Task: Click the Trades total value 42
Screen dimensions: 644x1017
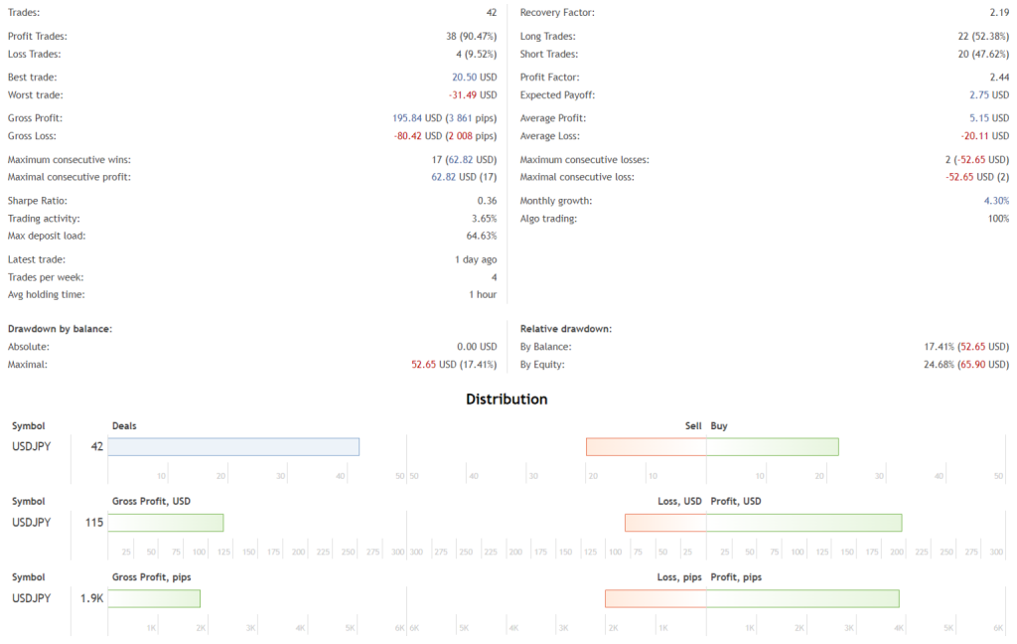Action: click(x=491, y=13)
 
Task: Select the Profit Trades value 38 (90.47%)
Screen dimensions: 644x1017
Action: click(x=471, y=37)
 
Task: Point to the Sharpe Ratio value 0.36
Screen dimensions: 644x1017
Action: click(x=487, y=201)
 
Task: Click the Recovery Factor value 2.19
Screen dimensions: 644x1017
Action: click(x=999, y=13)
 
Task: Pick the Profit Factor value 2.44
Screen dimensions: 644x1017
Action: click(x=998, y=78)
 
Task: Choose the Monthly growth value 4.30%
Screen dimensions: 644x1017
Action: click(x=996, y=201)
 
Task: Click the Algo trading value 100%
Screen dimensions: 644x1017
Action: click(x=998, y=219)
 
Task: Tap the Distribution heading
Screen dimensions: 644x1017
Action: click(x=507, y=400)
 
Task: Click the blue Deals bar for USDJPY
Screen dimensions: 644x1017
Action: click(x=233, y=447)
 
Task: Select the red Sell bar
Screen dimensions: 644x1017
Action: click(x=646, y=447)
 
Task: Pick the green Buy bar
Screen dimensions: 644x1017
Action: click(x=773, y=447)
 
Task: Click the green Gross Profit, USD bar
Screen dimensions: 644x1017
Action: click(x=166, y=523)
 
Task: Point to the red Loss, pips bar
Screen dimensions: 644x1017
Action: click(x=655, y=598)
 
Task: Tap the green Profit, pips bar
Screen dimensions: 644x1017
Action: click(x=802, y=598)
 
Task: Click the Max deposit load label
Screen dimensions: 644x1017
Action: click(x=47, y=236)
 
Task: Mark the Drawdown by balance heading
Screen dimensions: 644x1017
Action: click(x=60, y=328)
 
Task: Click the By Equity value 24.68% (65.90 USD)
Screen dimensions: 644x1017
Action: click(x=966, y=365)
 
